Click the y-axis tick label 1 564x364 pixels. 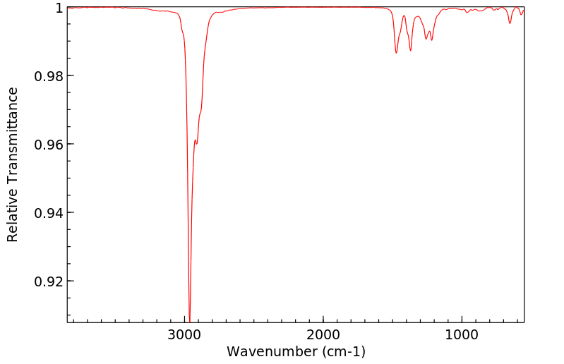click(x=59, y=8)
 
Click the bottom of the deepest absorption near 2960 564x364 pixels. click(x=190, y=319)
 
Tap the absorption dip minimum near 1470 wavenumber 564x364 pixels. click(x=396, y=53)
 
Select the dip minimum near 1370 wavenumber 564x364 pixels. click(x=410, y=50)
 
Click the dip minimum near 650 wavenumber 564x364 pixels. click(x=510, y=23)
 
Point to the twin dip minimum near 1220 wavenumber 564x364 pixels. click(x=432, y=40)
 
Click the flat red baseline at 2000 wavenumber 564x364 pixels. click(x=323, y=8)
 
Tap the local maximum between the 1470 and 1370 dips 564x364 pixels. click(x=404, y=16)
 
